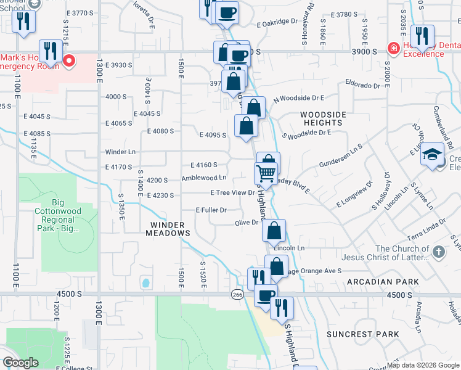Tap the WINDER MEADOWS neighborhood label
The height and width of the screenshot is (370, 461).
[167, 229]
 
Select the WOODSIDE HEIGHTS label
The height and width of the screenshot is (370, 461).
[324, 119]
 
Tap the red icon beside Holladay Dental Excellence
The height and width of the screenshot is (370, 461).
[392, 48]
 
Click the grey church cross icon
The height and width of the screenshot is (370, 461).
[438, 252]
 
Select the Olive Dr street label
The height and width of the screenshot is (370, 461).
[246, 223]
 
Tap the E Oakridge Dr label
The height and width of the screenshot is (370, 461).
[278, 22]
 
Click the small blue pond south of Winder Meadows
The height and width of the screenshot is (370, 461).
[145, 283]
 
